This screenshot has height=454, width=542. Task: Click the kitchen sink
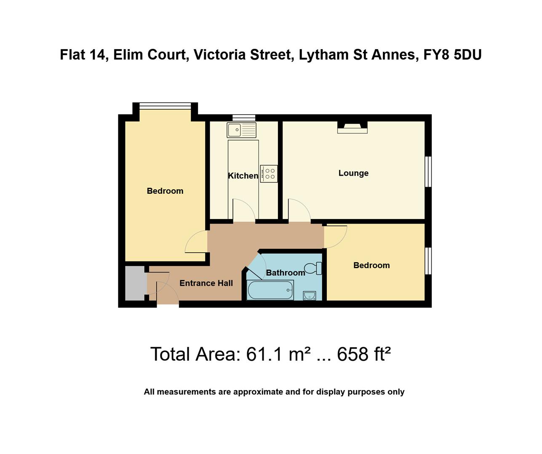pos(241,130)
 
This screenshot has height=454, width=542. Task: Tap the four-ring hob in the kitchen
pos(269,174)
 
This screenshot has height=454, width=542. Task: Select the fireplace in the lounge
pos(352,128)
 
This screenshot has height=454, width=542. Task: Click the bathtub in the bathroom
pos(270,290)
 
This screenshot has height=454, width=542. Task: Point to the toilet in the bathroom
pos(313,268)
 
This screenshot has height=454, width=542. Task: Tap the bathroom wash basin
pos(309,296)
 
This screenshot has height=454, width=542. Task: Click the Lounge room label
pos(353,173)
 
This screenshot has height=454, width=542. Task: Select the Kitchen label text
pos(243,176)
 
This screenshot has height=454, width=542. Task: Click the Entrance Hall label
pos(206,283)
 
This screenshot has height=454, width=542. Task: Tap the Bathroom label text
pos(285,273)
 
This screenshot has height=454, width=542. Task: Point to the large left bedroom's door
pos(196,243)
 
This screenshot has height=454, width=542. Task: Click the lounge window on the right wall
pos(428,172)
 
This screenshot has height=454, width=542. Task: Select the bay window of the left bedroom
pos(165,106)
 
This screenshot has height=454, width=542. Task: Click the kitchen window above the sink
pos(244,118)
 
